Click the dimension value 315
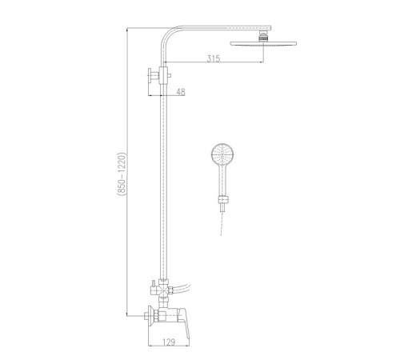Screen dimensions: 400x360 (x=214, y=58)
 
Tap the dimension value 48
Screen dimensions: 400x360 (x=181, y=92)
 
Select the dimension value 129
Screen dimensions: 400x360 (x=169, y=342)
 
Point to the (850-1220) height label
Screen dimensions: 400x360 (x=122, y=174)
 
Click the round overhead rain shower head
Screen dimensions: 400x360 (x=263, y=44)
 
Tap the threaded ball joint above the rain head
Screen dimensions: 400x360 (x=263, y=36)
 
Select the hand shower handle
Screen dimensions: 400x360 (x=222, y=179)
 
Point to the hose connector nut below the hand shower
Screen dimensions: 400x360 (x=223, y=200)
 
